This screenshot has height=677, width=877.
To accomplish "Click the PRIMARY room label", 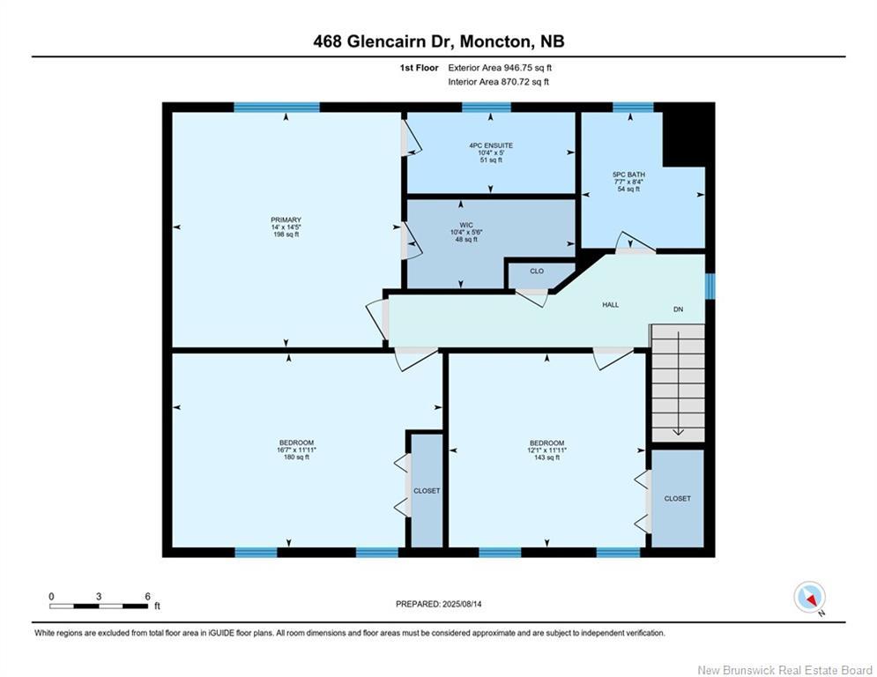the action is point(286,219).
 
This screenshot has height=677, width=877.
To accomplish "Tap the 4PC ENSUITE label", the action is point(491,145).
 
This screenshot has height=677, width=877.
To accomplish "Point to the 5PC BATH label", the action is point(629,175).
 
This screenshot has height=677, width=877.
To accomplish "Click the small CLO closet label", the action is point(537,271).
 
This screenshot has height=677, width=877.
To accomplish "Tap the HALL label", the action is point(611,305).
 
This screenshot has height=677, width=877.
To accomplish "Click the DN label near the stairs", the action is point(679,309).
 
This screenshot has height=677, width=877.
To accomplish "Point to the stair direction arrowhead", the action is point(679,431).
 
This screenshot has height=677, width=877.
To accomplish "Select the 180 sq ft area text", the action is point(296,458).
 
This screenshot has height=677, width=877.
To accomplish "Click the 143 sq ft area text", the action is point(547,458).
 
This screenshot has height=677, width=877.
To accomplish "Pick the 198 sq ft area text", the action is point(286,234).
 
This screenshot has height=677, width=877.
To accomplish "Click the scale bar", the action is point(99,606).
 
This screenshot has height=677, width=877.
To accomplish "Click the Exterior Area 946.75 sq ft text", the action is point(500,68).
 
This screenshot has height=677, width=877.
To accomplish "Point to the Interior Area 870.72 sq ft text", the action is point(498,82).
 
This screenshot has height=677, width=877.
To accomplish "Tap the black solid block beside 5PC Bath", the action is point(688,135).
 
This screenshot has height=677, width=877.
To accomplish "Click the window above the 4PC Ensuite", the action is point(486,108).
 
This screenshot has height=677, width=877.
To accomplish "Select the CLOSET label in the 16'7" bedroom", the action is point(427,491).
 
